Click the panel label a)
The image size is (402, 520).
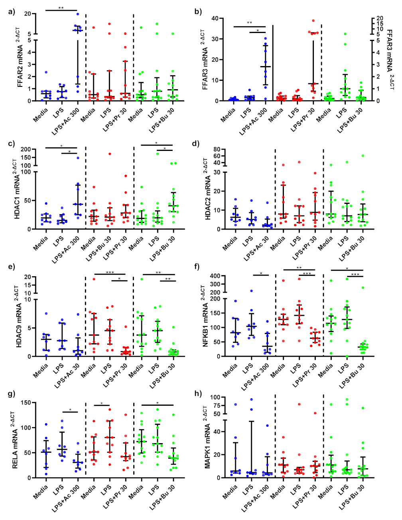click(12, 11)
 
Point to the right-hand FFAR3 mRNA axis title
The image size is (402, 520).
click(390, 60)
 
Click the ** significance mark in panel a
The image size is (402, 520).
click(61, 8)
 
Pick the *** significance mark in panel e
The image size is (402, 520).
click(110, 272)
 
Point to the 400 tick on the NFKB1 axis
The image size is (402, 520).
click(215, 276)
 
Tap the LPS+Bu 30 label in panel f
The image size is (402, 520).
click(351, 377)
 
